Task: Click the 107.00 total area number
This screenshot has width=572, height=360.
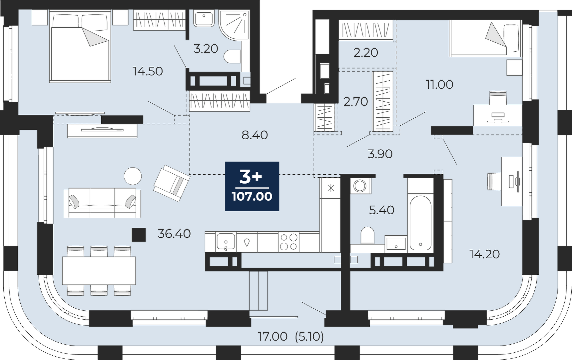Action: [252, 196]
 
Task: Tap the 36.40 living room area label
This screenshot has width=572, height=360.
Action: [174, 234]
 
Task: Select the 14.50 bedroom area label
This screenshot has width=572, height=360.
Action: [148, 71]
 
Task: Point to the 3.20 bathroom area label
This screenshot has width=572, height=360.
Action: [206, 49]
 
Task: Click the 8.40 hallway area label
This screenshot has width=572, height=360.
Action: [255, 135]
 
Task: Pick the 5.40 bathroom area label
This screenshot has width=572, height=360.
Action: [382, 210]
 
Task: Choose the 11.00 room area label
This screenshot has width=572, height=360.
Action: [439, 84]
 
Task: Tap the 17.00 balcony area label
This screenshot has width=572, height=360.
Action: [273, 336]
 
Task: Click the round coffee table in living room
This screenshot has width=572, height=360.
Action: [133, 176]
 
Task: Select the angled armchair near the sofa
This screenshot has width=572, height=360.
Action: [172, 183]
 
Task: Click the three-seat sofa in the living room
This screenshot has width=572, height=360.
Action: [102, 203]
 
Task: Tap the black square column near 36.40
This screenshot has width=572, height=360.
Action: [139, 235]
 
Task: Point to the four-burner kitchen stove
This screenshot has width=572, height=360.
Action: [288, 242]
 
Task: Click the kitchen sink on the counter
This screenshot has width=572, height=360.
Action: [226, 242]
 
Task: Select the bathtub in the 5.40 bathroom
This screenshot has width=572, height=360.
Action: [420, 223]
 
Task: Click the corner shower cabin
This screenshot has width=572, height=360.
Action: [234, 25]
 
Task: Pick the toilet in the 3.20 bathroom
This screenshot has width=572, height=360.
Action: [233, 56]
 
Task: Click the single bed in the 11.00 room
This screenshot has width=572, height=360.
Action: [485, 38]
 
